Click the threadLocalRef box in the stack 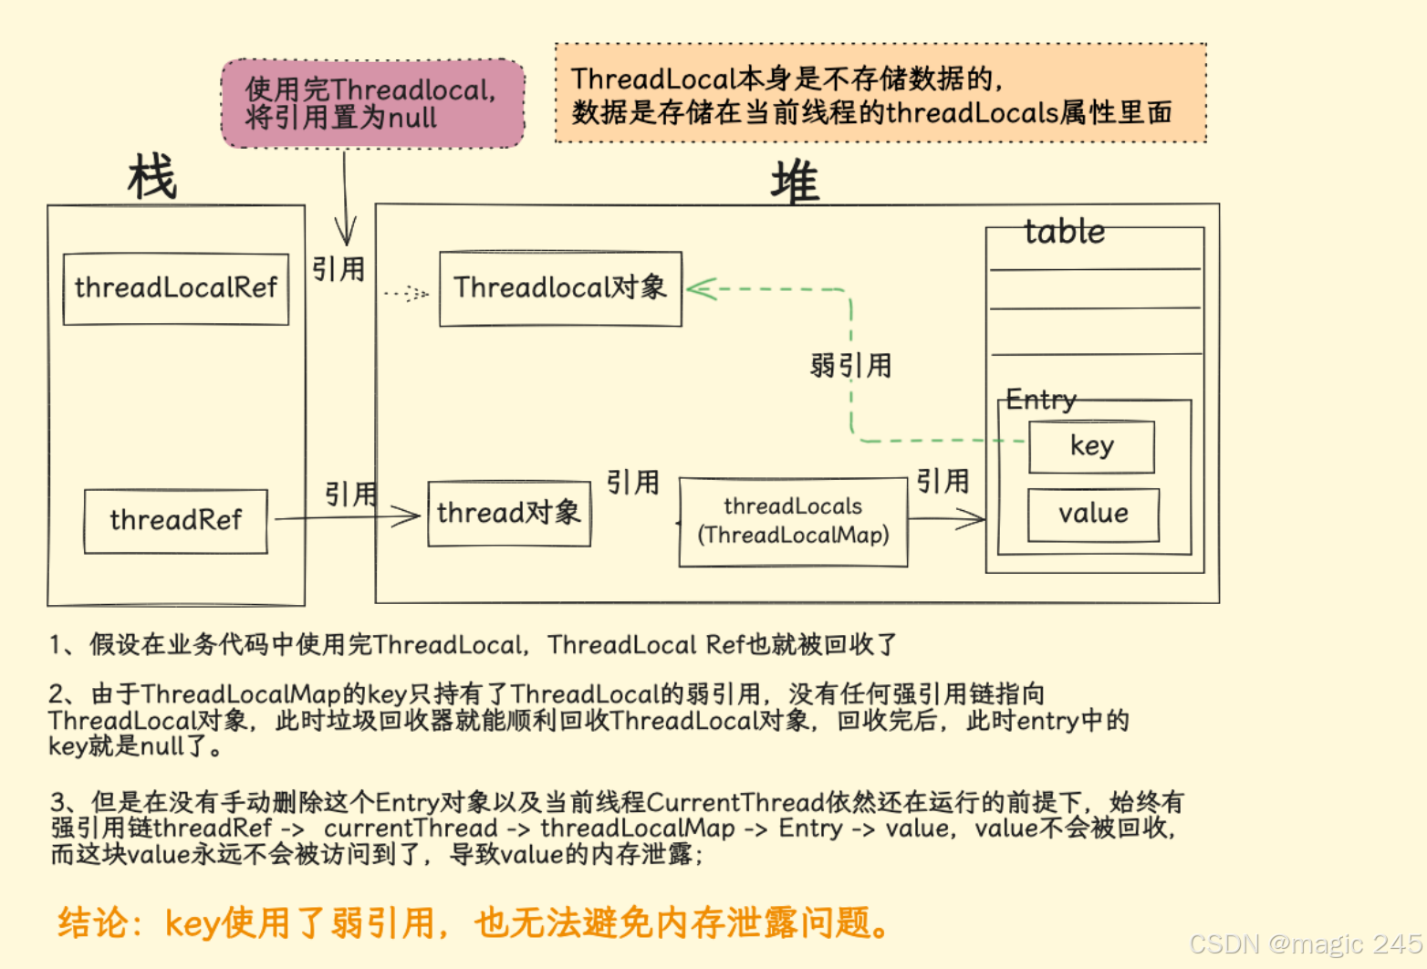175,288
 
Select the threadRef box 175,521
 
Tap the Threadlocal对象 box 560,288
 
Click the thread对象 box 509,514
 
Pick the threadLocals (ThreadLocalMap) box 793,521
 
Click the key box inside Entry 1091,446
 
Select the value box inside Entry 1093,515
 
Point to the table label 1064,232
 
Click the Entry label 1041,400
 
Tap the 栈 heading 152,177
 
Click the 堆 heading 795,182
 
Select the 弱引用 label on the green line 850,366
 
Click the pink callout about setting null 372,104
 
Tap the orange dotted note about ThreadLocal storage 880,94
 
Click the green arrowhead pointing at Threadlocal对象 699,289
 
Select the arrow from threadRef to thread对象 347,517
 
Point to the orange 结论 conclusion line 474,922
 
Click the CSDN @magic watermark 1305,943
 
